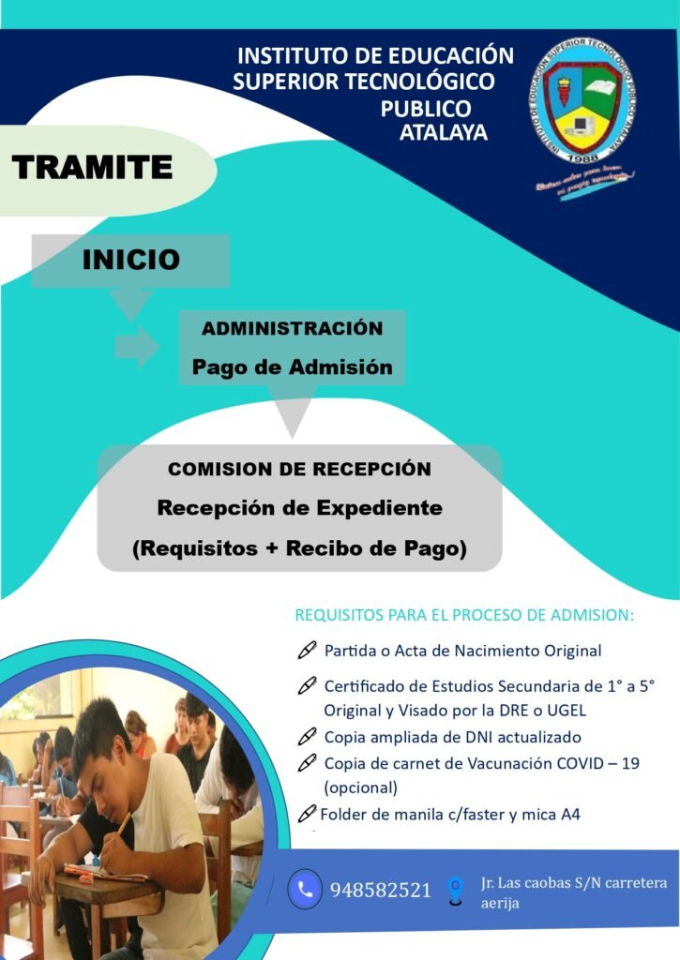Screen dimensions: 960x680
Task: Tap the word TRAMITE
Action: tap(92, 167)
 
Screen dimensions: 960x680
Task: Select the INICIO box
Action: tap(130, 260)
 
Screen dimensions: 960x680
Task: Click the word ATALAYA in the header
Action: tap(444, 132)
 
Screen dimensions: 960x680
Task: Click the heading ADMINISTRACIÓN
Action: tap(293, 328)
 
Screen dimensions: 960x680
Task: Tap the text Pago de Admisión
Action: tap(293, 367)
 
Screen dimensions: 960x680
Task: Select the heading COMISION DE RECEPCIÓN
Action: tap(299, 468)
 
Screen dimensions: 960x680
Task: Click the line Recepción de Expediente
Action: tap(299, 508)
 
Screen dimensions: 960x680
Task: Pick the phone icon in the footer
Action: tap(305, 889)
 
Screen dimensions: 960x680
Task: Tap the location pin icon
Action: tap(455, 889)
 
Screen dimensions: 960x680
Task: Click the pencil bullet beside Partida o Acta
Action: tap(307, 650)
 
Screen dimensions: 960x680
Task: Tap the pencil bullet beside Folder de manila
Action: tap(308, 814)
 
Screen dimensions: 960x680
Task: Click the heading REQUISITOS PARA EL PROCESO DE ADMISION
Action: tap(464, 616)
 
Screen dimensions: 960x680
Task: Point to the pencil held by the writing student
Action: tap(122, 824)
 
